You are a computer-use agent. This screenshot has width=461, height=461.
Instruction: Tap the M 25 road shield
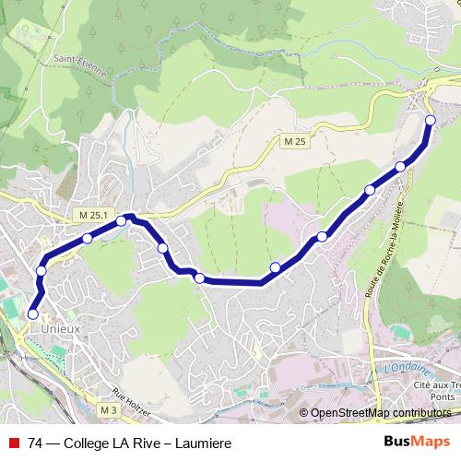click(293, 139)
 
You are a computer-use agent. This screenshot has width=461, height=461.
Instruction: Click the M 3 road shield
click(108, 408)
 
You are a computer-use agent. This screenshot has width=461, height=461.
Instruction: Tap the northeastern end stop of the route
click(430, 120)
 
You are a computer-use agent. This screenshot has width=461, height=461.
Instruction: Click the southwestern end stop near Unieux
click(33, 314)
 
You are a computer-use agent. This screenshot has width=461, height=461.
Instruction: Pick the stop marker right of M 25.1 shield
click(121, 220)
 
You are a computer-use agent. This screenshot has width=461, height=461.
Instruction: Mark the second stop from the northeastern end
click(400, 166)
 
